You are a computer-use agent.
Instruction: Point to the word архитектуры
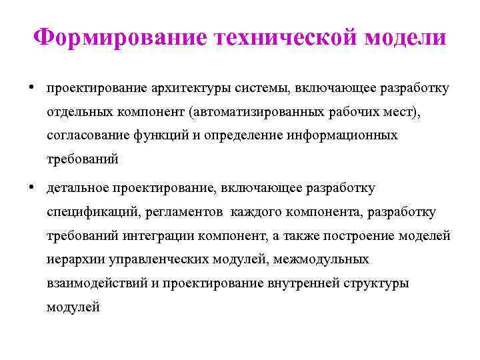click(191, 89)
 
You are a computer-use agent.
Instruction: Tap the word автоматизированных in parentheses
click(256, 112)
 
